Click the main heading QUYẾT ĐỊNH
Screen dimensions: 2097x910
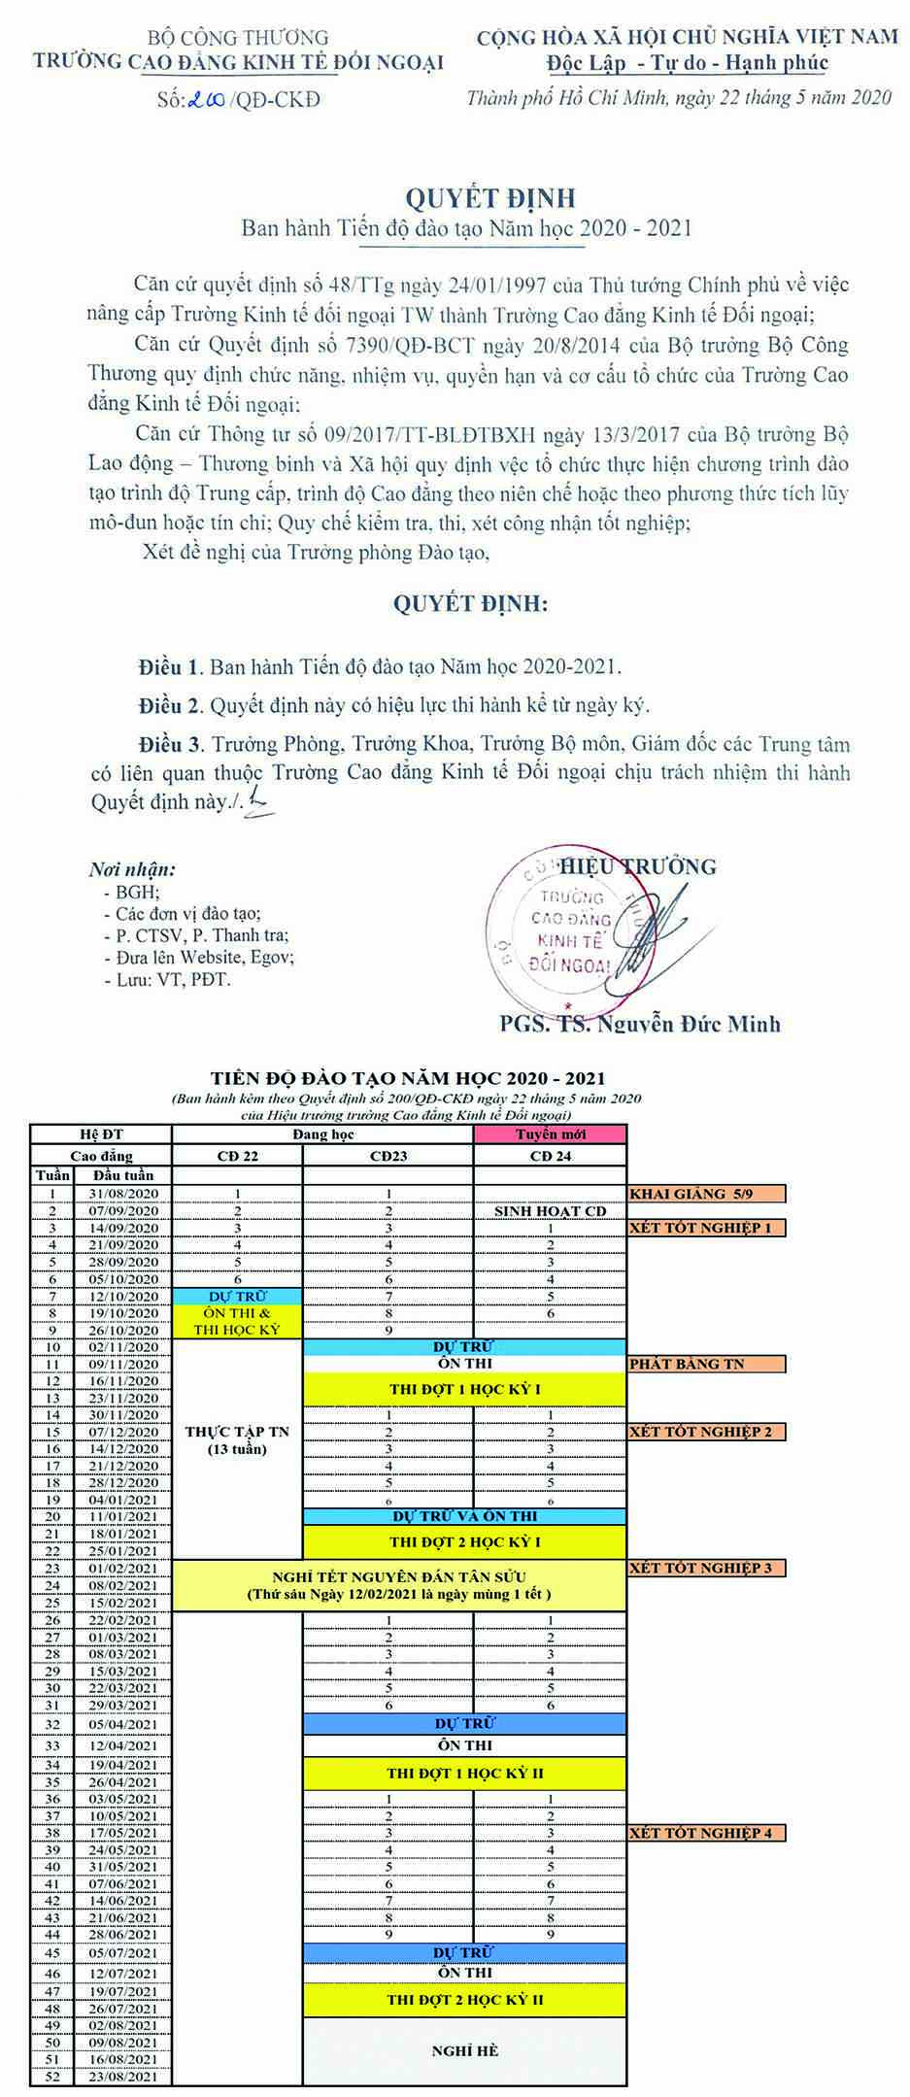pyautogui.click(x=490, y=198)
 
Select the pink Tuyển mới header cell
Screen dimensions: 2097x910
pyautogui.click(x=550, y=1134)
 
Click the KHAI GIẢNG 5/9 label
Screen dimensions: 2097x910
pyautogui.click(x=705, y=1194)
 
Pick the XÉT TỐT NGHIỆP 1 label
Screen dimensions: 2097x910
pyautogui.click(x=705, y=1228)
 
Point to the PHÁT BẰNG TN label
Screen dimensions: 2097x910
pyautogui.click(x=705, y=1364)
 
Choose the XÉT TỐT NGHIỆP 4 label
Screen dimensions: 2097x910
pyautogui.click(x=705, y=1833)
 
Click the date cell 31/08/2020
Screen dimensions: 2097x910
pyautogui.click(x=123, y=1194)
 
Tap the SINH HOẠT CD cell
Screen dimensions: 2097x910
pyautogui.click(x=550, y=1211)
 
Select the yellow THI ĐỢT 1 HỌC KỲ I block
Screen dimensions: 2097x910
pyautogui.click(x=464, y=1390)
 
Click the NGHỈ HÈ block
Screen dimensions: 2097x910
pyautogui.click(x=464, y=2050)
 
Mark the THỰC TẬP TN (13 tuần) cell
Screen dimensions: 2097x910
pyautogui.click(x=237, y=1440)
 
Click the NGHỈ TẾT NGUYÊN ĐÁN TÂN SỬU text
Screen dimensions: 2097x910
pyautogui.click(x=399, y=1576)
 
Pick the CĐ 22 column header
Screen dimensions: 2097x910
pyautogui.click(x=237, y=1157)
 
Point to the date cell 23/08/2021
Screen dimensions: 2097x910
pyautogui.click(x=123, y=2077)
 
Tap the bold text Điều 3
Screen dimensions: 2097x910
pyautogui.click(x=171, y=745)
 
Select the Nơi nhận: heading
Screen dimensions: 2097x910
pyautogui.click(x=132, y=869)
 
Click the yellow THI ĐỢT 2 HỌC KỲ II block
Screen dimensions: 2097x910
pyautogui.click(x=464, y=1999)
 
